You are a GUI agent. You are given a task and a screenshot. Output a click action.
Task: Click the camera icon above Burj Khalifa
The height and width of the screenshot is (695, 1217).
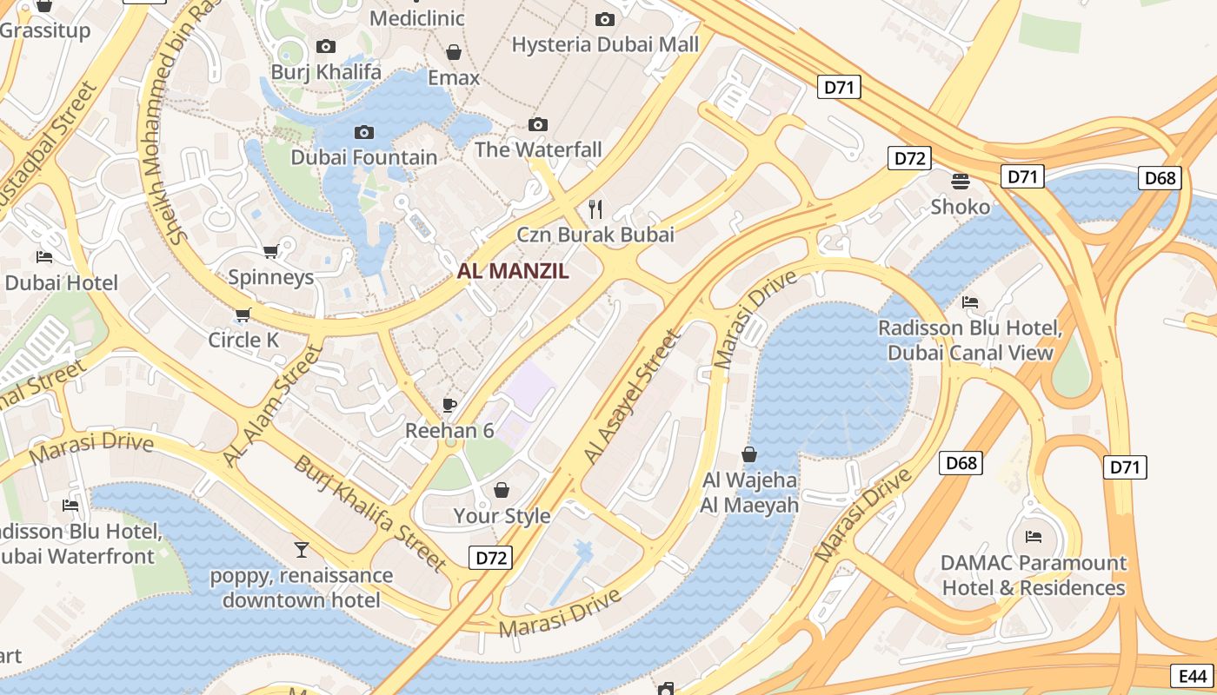click(326, 47)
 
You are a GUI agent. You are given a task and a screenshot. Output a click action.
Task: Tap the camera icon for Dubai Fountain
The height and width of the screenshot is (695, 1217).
click(364, 133)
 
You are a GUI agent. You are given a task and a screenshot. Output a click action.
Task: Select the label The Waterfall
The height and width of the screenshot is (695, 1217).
click(538, 149)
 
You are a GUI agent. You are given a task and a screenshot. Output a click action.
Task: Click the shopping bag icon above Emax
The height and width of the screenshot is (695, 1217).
click(453, 53)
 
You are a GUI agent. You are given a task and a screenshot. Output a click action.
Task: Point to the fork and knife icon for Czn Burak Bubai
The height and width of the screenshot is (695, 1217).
click(595, 208)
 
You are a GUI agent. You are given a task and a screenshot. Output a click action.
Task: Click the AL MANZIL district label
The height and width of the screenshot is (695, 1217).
click(513, 271)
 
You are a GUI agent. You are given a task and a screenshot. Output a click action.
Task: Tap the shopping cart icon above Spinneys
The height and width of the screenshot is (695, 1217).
click(270, 252)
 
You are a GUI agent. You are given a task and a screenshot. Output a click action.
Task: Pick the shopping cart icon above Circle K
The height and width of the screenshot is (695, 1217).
click(243, 314)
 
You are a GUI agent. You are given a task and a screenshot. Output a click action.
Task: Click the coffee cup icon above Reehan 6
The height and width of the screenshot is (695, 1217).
click(449, 405)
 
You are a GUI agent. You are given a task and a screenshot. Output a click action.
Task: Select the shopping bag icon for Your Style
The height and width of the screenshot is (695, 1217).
click(502, 491)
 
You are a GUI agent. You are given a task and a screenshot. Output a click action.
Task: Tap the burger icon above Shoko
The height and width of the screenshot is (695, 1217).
click(961, 182)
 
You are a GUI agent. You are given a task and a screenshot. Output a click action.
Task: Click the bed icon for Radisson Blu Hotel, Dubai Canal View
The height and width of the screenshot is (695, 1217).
click(970, 302)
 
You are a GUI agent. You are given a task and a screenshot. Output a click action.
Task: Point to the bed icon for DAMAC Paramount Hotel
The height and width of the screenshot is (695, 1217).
click(1034, 537)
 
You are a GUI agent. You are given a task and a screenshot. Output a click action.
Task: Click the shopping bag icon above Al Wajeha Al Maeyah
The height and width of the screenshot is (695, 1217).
click(749, 454)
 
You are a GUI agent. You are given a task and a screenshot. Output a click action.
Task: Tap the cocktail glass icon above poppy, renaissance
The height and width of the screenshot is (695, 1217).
click(302, 550)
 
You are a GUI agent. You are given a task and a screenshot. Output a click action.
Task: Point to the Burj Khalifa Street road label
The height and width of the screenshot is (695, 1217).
click(370, 513)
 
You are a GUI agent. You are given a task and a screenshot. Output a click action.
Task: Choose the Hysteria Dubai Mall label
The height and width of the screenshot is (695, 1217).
click(605, 44)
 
